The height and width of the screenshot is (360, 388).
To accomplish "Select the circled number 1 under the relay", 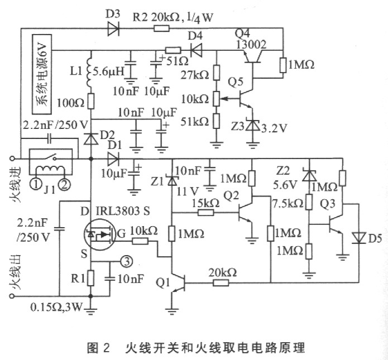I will [36, 184].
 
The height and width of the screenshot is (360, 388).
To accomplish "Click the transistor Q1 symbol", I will [178, 283].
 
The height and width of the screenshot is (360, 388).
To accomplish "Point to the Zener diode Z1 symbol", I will [172, 180].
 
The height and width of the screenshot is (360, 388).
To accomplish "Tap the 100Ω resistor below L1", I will [90, 101].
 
